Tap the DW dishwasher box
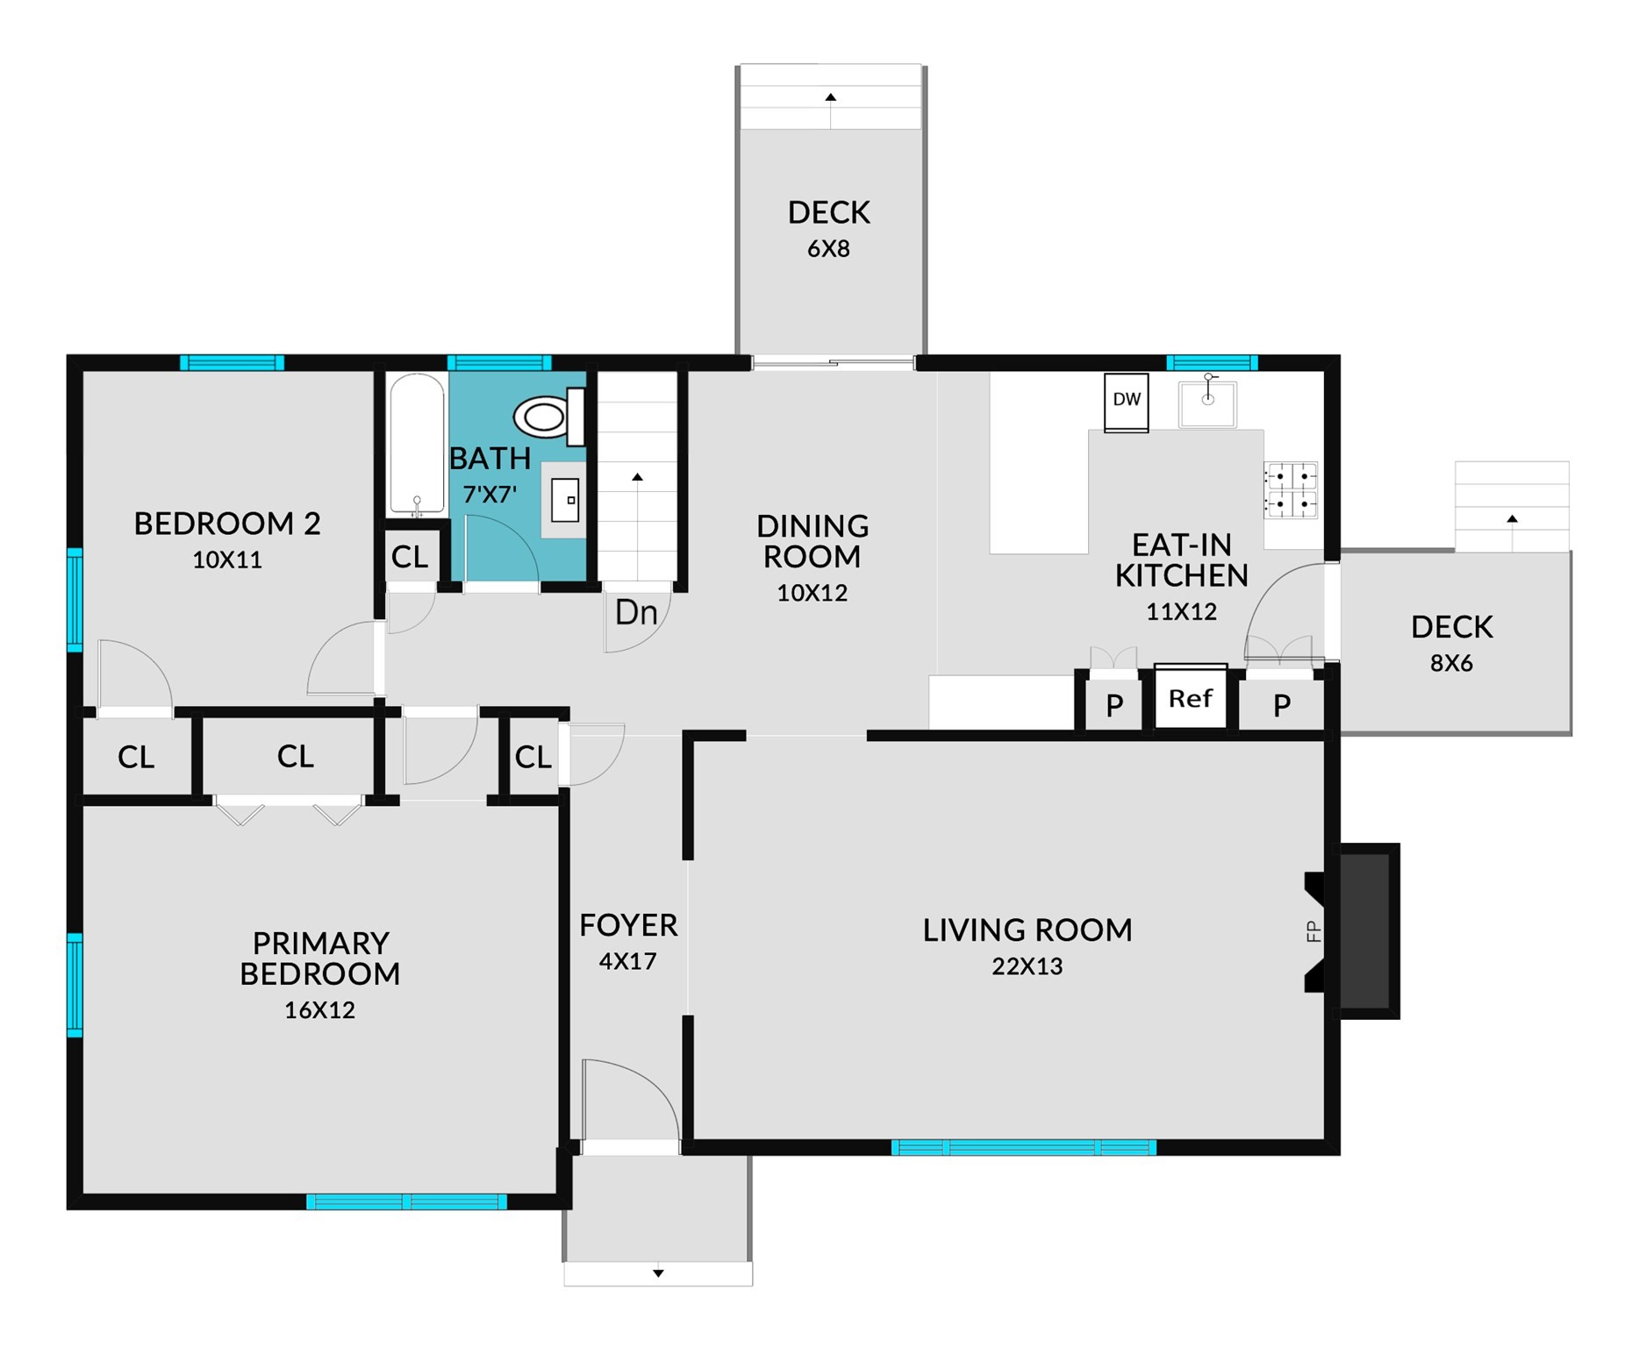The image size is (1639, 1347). [x=1127, y=402]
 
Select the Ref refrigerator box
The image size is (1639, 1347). [x=1191, y=698]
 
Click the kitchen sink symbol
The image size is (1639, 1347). [x=1208, y=403]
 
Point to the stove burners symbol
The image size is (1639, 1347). [x=1291, y=490]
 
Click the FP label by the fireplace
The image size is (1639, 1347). [x=1313, y=931]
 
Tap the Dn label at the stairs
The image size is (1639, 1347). [x=636, y=613]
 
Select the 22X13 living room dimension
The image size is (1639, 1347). [x=1027, y=966]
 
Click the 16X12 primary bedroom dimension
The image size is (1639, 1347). [x=319, y=1010]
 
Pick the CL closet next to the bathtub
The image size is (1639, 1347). [x=410, y=557]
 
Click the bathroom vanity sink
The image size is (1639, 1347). [x=564, y=500]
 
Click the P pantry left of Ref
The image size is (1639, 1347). [x=1114, y=705]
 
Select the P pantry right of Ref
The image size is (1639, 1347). [x=1282, y=705]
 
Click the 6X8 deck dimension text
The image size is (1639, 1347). [x=828, y=250]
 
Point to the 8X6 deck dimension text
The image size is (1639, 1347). [x=1451, y=664]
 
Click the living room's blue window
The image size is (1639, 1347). [x=1023, y=1147]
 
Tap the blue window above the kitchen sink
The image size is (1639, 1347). [x=1212, y=363]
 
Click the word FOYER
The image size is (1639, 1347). [x=628, y=926]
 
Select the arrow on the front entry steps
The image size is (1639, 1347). [x=658, y=1273]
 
